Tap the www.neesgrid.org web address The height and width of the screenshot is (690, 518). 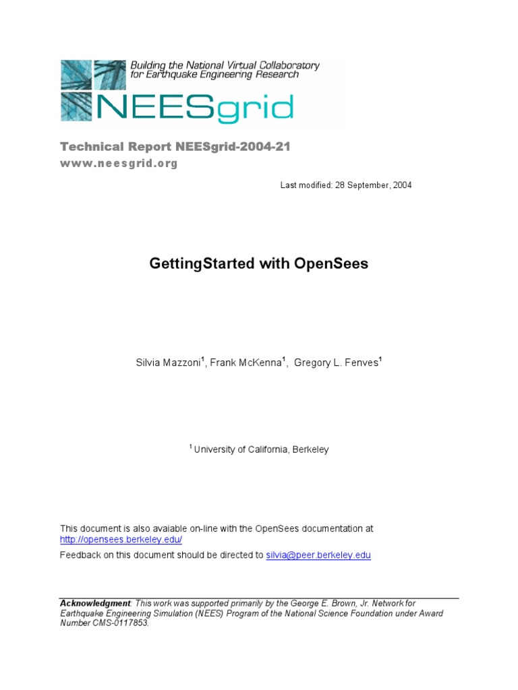(119, 164)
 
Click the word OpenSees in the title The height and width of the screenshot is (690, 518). (331, 263)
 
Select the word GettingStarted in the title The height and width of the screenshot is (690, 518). (202, 263)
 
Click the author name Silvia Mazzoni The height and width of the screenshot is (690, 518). (168, 363)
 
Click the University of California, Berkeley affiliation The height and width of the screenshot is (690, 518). (261, 449)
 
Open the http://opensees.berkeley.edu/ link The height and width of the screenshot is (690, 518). (121, 540)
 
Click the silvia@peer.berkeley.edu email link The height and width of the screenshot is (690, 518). (318, 555)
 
